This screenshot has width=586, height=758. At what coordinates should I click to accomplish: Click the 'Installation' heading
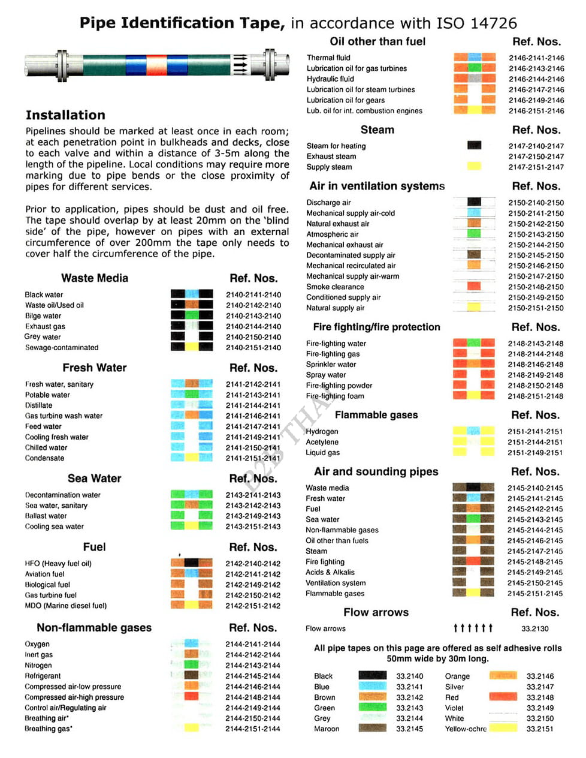(65, 115)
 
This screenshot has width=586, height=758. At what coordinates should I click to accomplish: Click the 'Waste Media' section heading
(95, 278)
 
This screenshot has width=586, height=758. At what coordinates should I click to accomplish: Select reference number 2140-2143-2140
(253, 316)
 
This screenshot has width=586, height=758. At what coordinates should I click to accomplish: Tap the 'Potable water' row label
(47, 395)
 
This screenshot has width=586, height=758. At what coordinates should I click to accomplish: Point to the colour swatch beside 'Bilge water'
(192, 315)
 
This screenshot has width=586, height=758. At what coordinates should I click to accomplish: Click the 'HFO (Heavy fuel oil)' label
(58, 564)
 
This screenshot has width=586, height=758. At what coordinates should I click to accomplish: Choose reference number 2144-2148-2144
(253, 697)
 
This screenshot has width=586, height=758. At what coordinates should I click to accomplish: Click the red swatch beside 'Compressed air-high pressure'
(191, 697)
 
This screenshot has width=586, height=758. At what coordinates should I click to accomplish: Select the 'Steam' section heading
(377, 130)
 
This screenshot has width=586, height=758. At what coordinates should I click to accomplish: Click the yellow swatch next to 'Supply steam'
(474, 167)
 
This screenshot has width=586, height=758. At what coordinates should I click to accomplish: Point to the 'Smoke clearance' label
(335, 287)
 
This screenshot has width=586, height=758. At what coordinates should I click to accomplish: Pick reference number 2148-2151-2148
(536, 396)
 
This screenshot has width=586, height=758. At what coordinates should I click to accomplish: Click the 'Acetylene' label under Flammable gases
(322, 442)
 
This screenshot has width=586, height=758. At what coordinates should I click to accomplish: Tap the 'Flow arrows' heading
(376, 612)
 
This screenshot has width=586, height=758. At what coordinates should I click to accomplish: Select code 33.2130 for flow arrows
(535, 628)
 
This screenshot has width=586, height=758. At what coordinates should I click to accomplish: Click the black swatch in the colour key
(372, 676)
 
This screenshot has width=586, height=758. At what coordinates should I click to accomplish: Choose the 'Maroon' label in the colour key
(327, 729)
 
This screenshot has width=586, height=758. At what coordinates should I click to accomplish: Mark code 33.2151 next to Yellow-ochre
(540, 729)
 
